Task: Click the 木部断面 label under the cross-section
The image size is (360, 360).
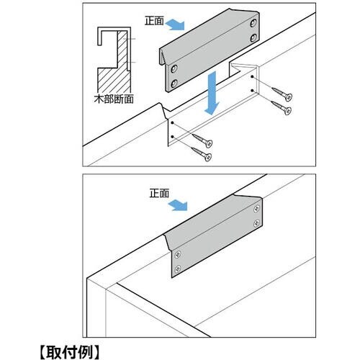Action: pyautogui.click(x=114, y=99)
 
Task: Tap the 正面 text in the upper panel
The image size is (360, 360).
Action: pyautogui.click(x=154, y=21)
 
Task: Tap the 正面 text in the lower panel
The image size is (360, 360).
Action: pyautogui.click(x=159, y=193)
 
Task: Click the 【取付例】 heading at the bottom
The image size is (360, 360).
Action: pyautogui.click(x=69, y=352)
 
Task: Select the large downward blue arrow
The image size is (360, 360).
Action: pyautogui.click(x=212, y=94)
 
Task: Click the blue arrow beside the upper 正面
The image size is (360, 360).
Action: pyautogui.click(x=176, y=25)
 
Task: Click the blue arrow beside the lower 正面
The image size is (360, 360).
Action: pyautogui.click(x=178, y=205)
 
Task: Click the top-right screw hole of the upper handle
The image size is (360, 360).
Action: pyautogui.click(x=253, y=23)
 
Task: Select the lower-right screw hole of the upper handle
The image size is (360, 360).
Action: pyautogui.click(x=253, y=38)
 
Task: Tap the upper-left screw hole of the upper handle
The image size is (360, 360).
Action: pyautogui.click(x=174, y=69)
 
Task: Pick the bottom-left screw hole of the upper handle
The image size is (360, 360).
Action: pyautogui.click(x=174, y=84)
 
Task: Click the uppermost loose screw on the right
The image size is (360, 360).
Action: pyautogui.click(x=282, y=94)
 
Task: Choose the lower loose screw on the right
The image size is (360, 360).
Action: pyautogui.click(x=282, y=108)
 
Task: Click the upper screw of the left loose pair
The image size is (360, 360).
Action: pyautogui.click(x=202, y=140)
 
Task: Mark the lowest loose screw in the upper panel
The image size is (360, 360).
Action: pyautogui.click(x=202, y=154)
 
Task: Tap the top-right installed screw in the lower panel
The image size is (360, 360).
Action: pyautogui.click(x=257, y=209)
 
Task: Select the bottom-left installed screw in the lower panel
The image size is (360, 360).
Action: pyautogui.click(x=178, y=269)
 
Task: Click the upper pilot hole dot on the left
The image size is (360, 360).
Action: pyautogui.click(x=172, y=122)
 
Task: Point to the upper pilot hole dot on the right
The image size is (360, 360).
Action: pyautogui.click(x=252, y=76)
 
